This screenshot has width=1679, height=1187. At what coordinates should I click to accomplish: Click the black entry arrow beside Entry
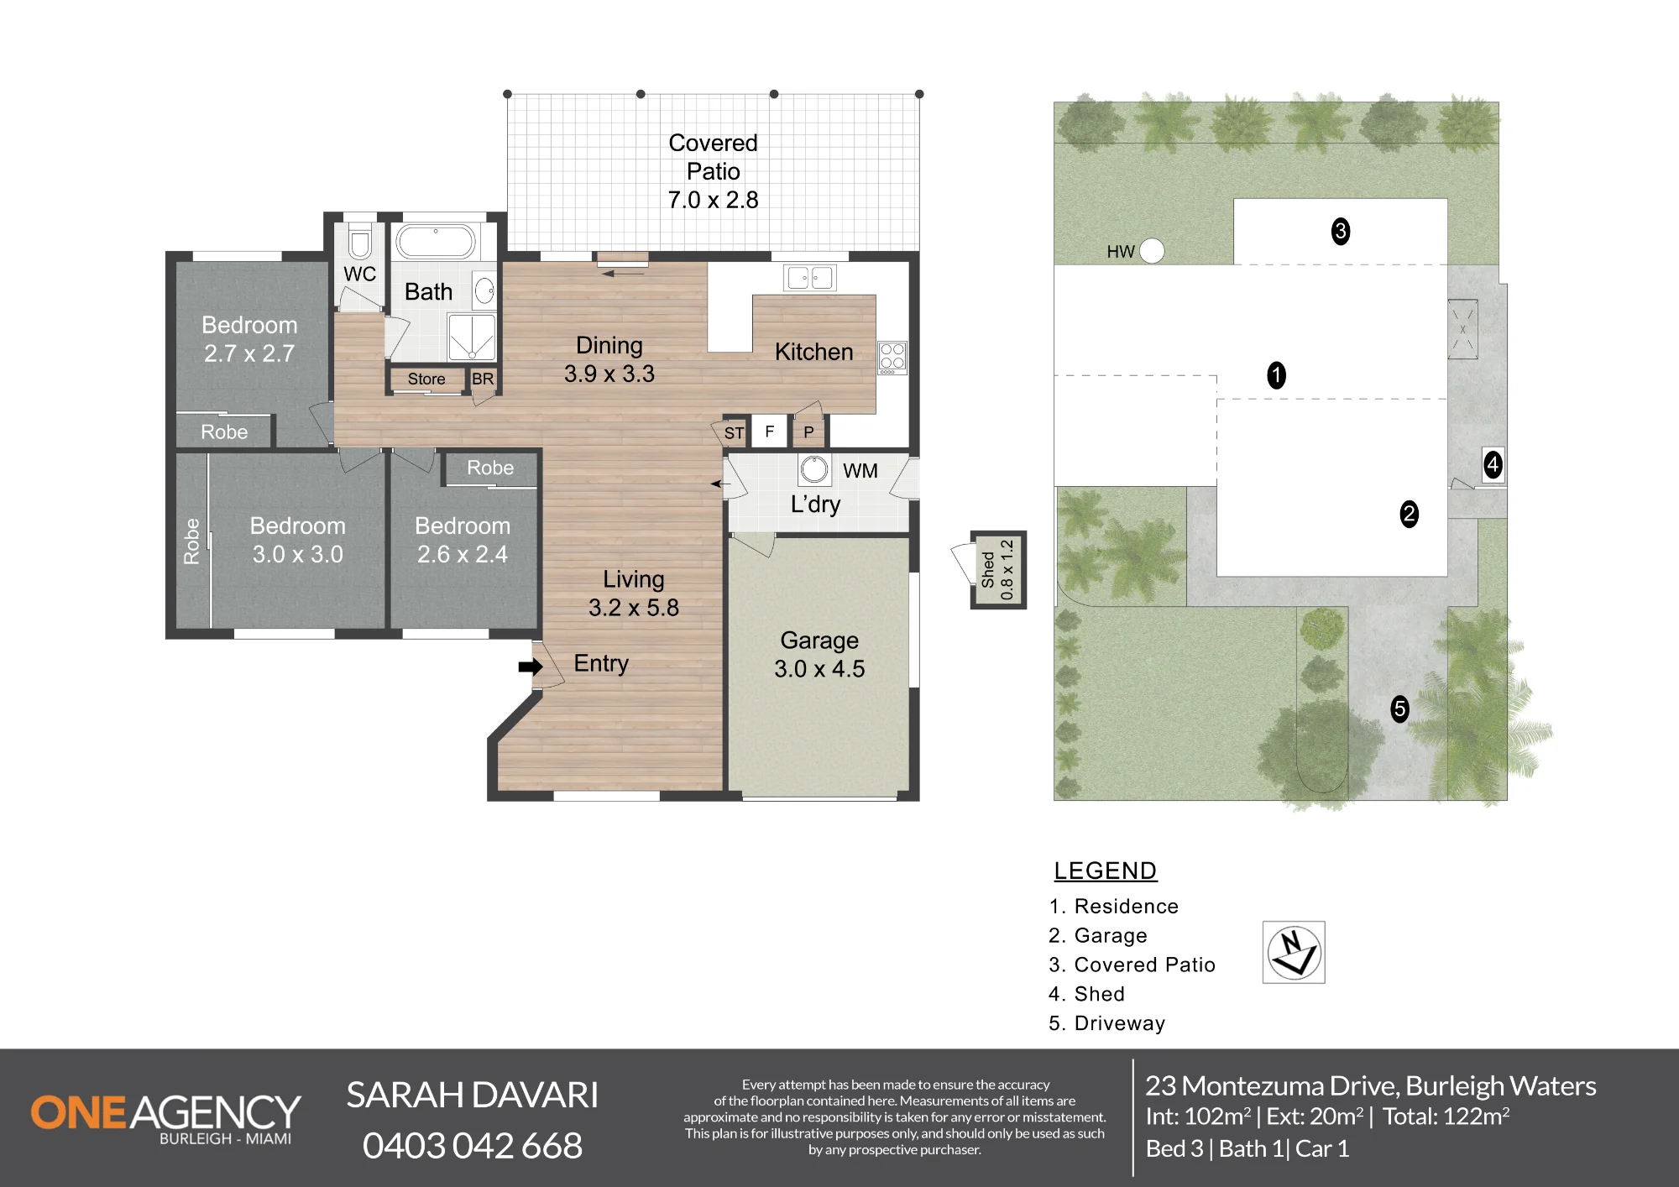point(530,667)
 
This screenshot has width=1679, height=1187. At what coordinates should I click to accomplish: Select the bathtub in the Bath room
point(436,242)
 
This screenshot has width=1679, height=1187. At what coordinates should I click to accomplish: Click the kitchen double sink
point(809,277)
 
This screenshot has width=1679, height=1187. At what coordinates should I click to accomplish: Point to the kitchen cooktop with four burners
point(892,358)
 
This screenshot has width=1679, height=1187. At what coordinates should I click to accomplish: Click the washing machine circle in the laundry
point(813,469)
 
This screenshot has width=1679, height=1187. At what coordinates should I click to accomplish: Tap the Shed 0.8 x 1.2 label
point(997,570)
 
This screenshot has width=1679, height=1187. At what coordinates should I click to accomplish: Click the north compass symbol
point(1294,952)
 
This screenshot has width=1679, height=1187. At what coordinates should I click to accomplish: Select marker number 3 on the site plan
point(1341,231)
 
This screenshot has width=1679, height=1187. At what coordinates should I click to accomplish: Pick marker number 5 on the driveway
point(1399,709)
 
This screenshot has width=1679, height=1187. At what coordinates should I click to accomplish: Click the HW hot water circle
point(1152,250)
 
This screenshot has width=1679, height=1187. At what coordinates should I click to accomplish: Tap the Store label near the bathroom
point(426,379)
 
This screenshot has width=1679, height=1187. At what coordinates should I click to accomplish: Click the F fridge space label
point(769,431)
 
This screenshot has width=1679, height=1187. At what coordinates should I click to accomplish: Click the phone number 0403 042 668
point(473,1146)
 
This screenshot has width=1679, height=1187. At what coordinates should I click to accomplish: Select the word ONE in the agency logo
point(79,1112)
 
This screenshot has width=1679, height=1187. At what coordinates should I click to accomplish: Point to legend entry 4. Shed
point(1086,994)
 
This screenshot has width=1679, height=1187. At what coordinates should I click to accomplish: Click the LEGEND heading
point(1106,871)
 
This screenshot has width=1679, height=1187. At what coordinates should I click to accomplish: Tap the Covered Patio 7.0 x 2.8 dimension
point(713,200)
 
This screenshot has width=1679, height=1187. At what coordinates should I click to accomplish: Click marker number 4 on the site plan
point(1493,464)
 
